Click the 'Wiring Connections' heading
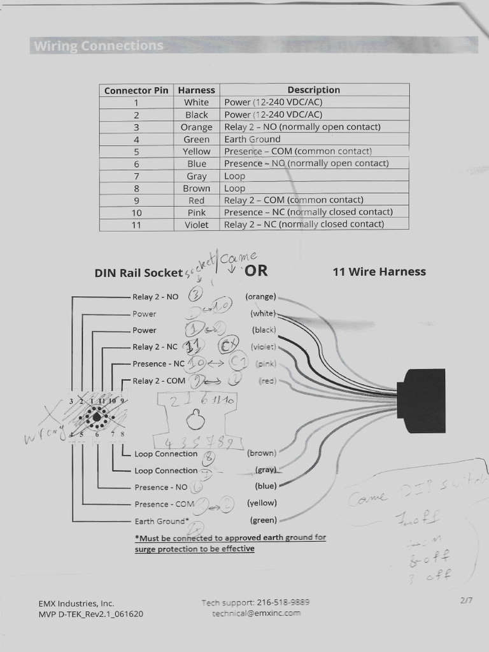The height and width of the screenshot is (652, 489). click(x=99, y=46)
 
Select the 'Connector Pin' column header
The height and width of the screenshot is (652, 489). click(x=136, y=90)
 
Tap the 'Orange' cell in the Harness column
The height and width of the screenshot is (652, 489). click(x=196, y=127)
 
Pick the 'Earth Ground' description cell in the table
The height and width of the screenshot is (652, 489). click(x=252, y=139)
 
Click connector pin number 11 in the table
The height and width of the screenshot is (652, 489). click(x=136, y=224)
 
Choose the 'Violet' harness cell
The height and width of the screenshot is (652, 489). click(x=196, y=224)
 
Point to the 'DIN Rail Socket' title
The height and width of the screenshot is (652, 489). click(x=138, y=273)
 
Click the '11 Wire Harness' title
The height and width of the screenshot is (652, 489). click(x=379, y=272)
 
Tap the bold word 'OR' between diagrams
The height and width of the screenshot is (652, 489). click(x=256, y=271)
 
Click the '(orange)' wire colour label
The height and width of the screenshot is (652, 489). click(x=261, y=297)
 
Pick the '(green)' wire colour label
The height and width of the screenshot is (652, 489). click(x=263, y=520)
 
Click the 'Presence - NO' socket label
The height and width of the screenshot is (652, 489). click(x=160, y=487)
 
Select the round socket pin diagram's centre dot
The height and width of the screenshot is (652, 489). click(x=96, y=417)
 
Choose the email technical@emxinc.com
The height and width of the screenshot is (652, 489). click(x=256, y=613)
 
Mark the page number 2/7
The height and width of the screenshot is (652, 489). click(x=464, y=600)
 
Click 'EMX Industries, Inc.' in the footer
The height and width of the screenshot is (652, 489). click(x=76, y=603)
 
